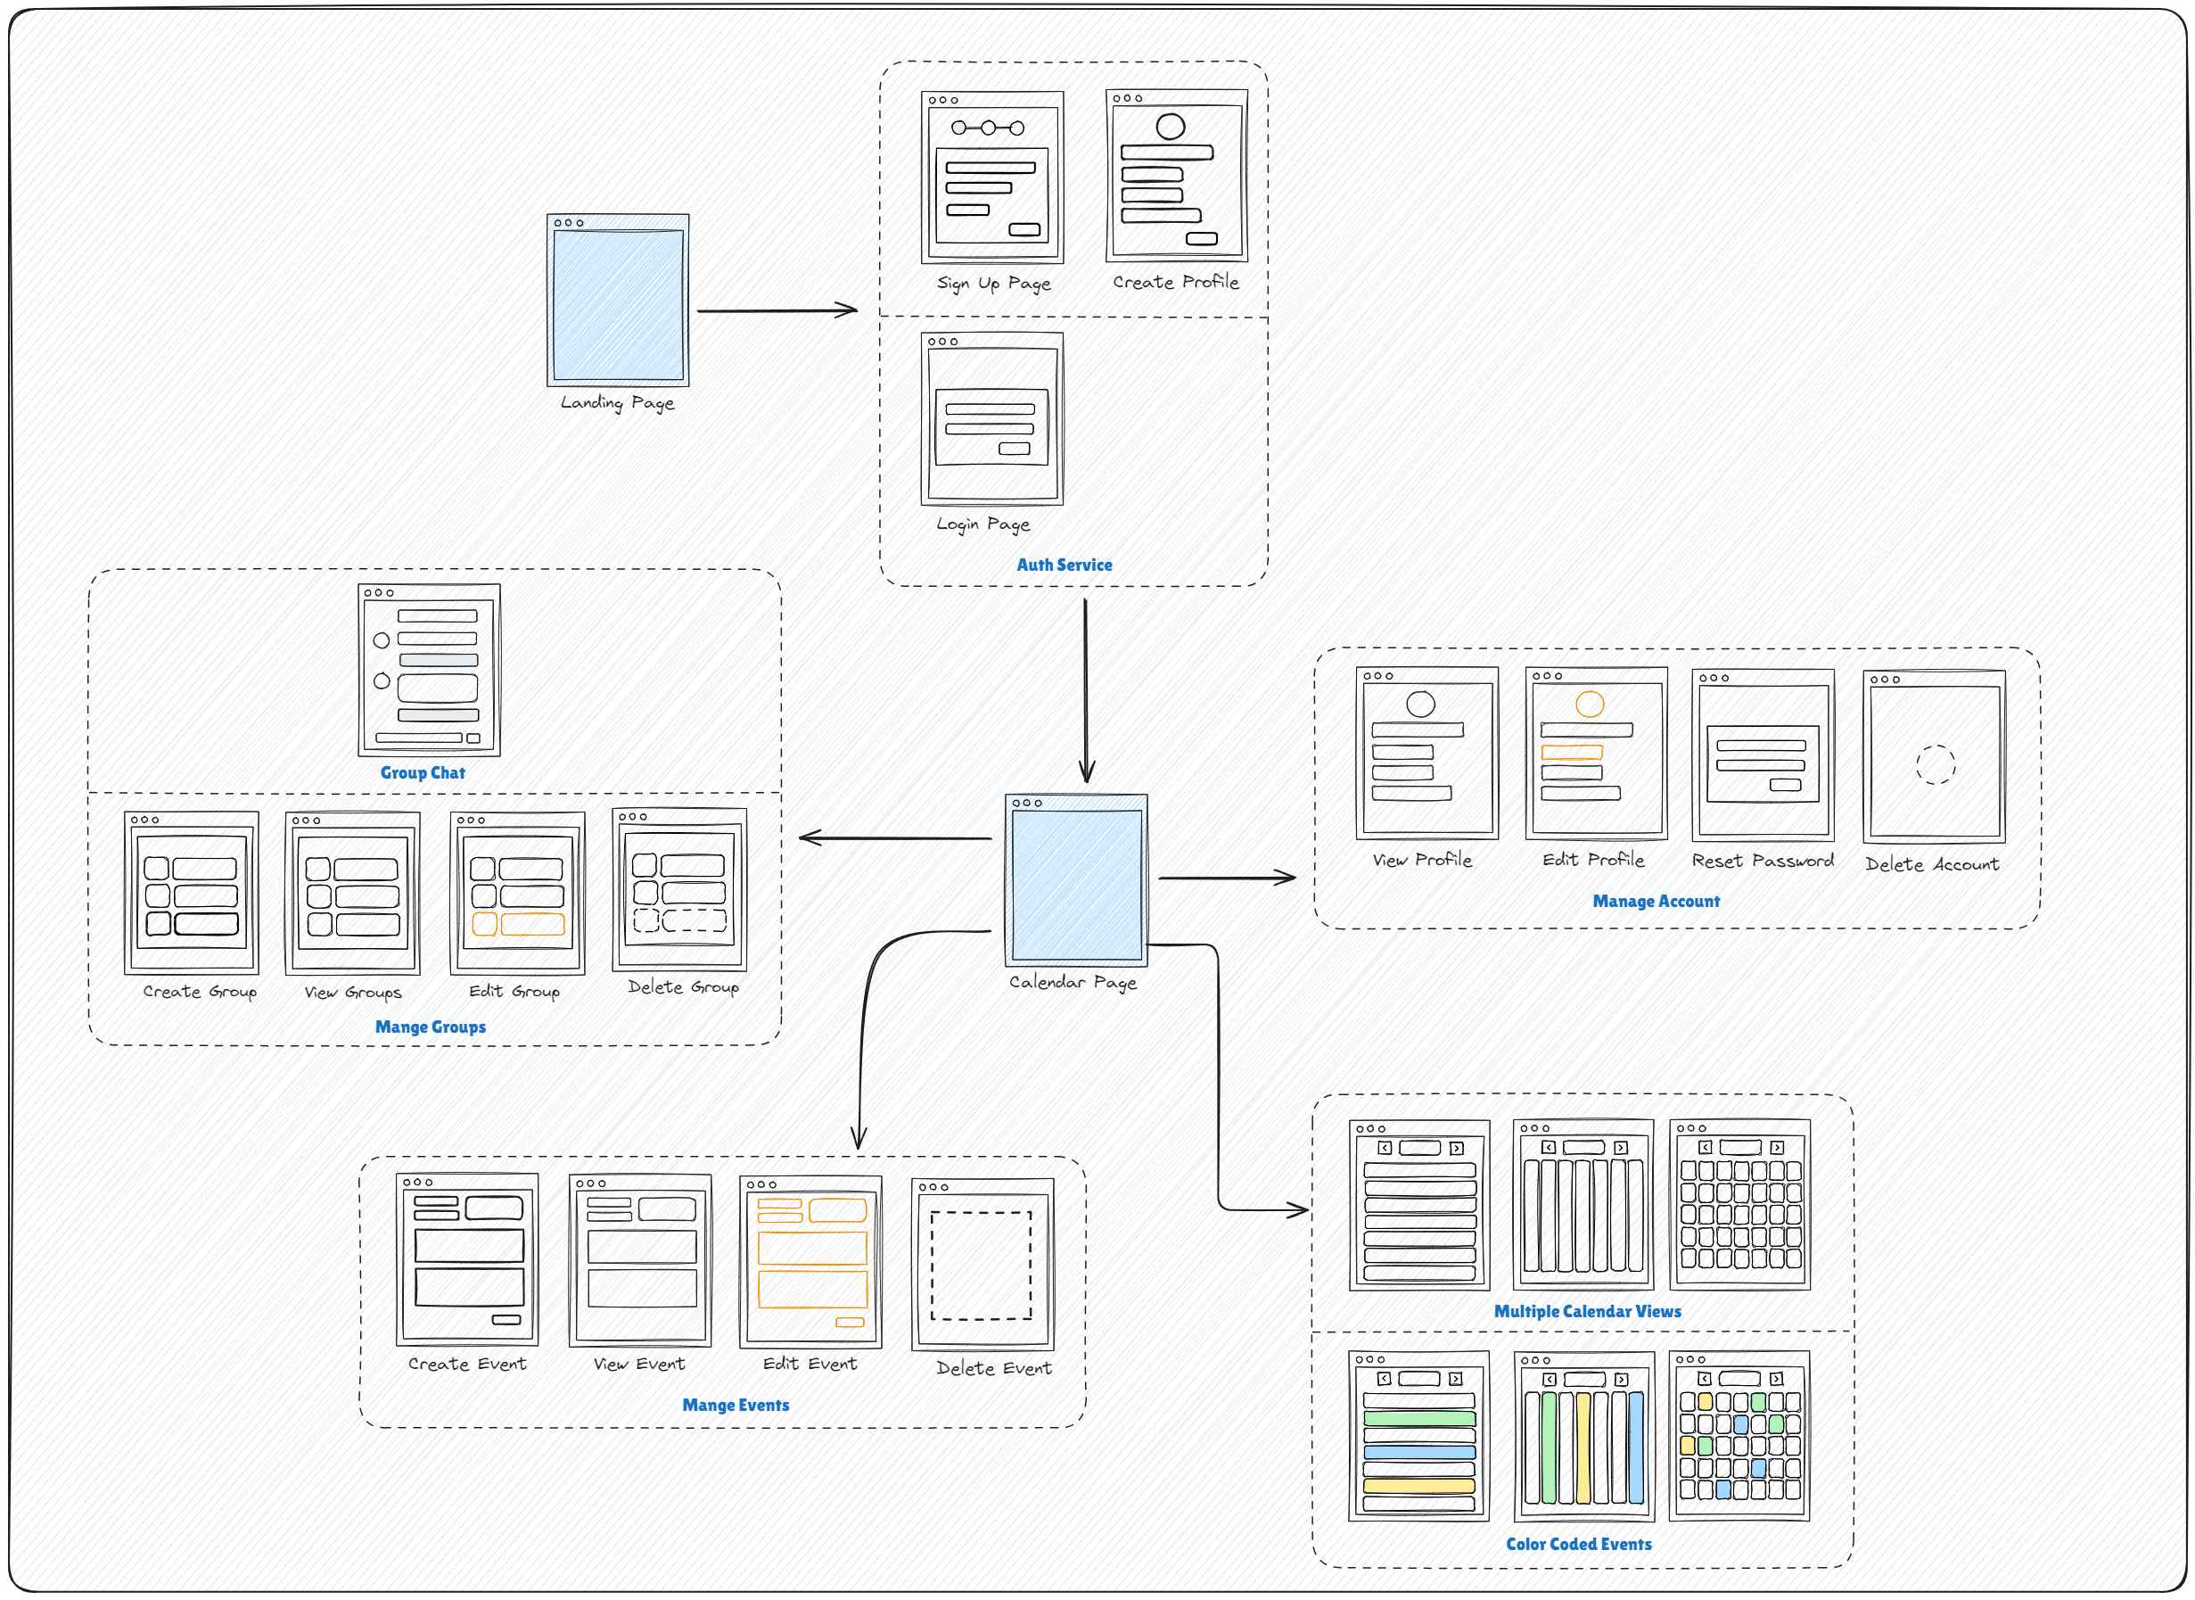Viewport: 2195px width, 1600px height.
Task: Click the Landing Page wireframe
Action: coord(618,301)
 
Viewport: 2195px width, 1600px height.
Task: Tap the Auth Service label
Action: coord(1065,565)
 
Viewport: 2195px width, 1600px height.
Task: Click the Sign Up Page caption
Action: coord(993,284)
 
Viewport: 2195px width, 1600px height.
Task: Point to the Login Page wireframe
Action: coord(992,418)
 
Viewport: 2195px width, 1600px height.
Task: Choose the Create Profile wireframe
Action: coord(1177,176)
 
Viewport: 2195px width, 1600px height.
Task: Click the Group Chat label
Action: coord(423,773)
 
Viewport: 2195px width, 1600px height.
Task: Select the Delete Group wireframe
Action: coord(679,889)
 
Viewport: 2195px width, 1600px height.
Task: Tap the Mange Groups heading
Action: coord(431,1027)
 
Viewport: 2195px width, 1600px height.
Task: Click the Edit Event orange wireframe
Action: coord(810,1262)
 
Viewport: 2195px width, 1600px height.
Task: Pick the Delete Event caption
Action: coord(993,1368)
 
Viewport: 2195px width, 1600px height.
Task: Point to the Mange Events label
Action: coord(736,1406)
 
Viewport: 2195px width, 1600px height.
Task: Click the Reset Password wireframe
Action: coord(1763,755)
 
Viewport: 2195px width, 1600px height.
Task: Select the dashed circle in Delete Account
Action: coord(1936,746)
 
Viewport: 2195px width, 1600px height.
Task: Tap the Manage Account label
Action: coord(1656,902)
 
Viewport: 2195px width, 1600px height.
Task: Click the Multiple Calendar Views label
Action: coord(1587,1311)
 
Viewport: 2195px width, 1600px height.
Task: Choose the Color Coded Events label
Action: coord(1578,1544)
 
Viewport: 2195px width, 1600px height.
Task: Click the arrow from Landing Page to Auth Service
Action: coord(777,311)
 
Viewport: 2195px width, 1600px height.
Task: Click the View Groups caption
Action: coord(352,993)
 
